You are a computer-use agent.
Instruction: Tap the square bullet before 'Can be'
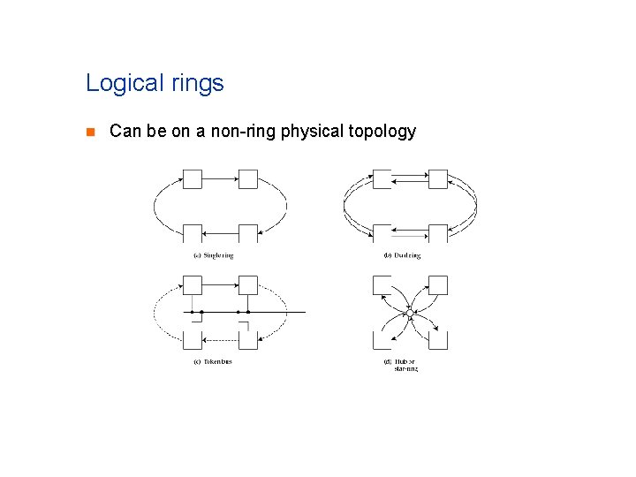tap(88, 132)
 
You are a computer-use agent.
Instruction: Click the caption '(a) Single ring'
tap(213, 256)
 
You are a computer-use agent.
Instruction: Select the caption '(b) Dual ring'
tap(402, 256)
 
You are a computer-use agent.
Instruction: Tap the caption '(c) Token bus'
tap(212, 361)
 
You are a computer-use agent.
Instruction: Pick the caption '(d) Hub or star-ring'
tap(405, 365)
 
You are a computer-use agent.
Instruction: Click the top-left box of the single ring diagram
tap(192, 178)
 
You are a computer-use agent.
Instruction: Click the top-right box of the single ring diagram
tap(248, 178)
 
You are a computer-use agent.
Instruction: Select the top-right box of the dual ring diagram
tap(438, 178)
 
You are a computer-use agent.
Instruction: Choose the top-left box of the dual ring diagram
tap(382, 178)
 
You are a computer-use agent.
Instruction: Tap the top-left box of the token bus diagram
tap(192, 284)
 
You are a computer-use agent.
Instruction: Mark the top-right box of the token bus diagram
tap(248, 284)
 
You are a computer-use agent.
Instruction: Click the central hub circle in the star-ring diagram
tap(410, 312)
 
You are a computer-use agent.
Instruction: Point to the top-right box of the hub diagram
tap(438, 284)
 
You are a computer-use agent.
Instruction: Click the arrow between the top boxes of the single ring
tap(220, 178)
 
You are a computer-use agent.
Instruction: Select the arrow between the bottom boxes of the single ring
tap(220, 233)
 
